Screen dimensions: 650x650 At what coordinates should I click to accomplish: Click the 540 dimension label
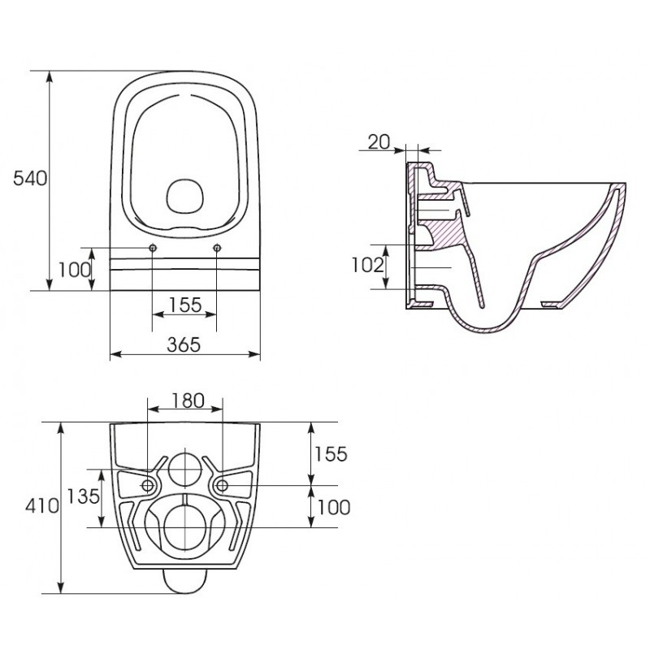pos(30,179)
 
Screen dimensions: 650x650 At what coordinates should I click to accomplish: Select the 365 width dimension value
pos(184,344)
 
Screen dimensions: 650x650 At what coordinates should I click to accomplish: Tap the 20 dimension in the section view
pos(379,142)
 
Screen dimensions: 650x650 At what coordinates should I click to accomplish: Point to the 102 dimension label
pos(368,266)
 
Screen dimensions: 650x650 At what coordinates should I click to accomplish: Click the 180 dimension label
pos(188,401)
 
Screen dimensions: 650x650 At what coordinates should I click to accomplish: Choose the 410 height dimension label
pos(42,506)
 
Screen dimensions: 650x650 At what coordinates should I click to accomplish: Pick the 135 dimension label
pos(84,496)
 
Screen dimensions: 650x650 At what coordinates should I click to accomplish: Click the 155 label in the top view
pos(185,305)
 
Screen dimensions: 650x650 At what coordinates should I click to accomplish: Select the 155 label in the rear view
pos(331,454)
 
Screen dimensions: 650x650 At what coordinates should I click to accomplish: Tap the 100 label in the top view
pos(74,271)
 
